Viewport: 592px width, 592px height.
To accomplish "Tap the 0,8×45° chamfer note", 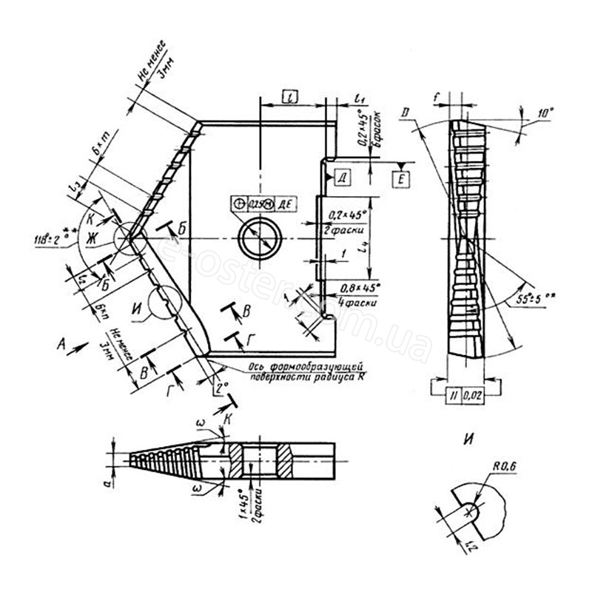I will pyautogui.click(x=358, y=287).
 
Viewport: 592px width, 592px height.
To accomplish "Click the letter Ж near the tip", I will pyautogui.click(x=93, y=238).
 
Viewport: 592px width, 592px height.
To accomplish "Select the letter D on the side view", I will pyautogui.click(x=405, y=113).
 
